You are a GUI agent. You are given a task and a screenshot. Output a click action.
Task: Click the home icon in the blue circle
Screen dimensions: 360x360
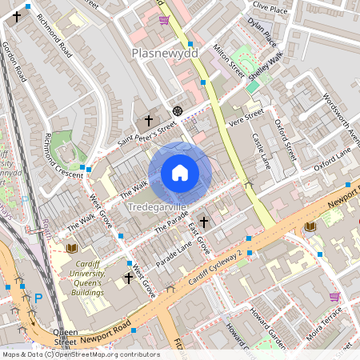pyautogui.click(x=180, y=173)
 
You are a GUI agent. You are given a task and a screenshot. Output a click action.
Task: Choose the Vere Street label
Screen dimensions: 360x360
pyautogui.click(x=246, y=118)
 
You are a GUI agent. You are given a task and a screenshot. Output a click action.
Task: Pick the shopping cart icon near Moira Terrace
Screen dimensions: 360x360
pyautogui.click(x=334, y=296)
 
